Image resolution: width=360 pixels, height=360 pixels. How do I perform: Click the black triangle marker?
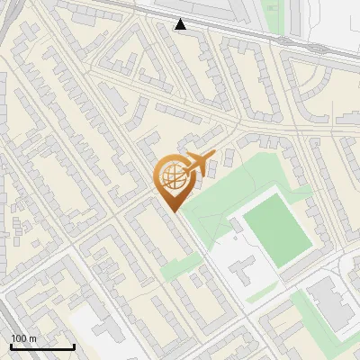[x=181, y=24]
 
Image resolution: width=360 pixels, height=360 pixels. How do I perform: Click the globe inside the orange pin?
[x=172, y=177]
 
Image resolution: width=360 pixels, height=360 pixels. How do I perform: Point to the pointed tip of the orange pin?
[x=174, y=211]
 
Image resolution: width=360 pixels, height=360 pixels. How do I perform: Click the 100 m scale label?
[x=23, y=338]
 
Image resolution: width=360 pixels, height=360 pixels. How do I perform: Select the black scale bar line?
[x=42, y=346]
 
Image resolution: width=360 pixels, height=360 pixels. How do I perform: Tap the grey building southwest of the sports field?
[x=240, y=269]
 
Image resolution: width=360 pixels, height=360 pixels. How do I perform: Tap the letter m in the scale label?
[x=33, y=338]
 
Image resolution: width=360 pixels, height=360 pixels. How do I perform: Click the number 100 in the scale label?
[x=19, y=338]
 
